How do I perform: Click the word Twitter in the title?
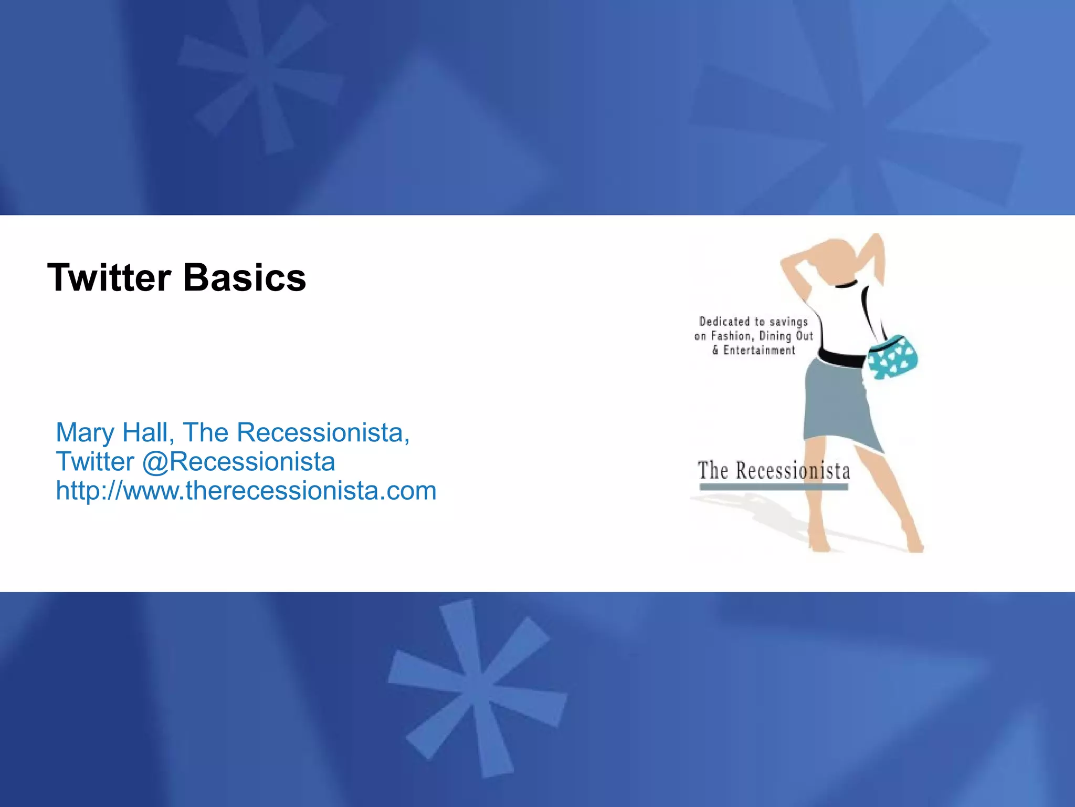point(109,277)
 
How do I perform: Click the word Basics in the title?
point(245,277)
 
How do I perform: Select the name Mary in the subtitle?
point(85,432)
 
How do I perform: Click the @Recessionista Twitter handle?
point(238,461)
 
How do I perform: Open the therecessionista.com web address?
point(246,491)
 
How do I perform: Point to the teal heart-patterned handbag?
point(892,357)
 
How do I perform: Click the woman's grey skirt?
point(838,405)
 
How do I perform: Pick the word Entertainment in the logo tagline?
point(759,350)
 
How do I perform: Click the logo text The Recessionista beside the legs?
point(774,470)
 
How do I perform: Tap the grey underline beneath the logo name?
point(774,487)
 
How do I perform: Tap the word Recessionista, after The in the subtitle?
point(322,432)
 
